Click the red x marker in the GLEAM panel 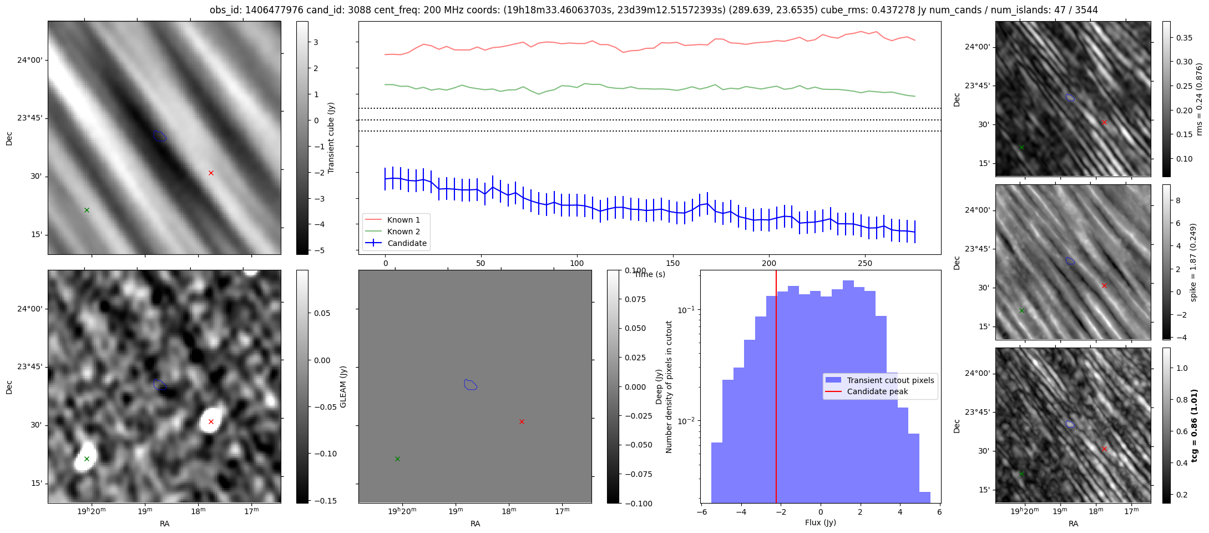pos(211,421)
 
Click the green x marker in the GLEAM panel pos(87,459)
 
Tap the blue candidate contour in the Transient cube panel pos(160,136)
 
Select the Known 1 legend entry pos(403,220)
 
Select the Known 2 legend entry pos(403,232)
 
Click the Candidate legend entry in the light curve pos(407,243)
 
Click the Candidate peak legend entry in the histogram pos(877,391)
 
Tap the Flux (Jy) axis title pos(820,522)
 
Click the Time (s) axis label pos(649,274)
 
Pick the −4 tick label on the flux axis pos(741,512)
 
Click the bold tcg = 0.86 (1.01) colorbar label pos(1195,425)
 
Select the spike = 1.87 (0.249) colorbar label pos(1194,262)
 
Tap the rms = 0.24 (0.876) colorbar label pos(1198,99)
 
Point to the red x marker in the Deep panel pos(522,421)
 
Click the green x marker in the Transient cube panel pos(87,210)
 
